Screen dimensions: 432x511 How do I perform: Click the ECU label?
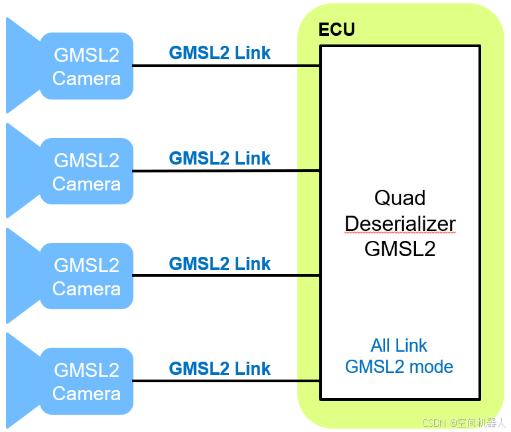tap(336, 30)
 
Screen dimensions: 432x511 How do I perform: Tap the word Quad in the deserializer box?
tap(400, 198)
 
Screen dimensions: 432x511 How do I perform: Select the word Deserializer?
tap(400, 224)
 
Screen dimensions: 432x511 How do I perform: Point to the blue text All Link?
tap(399, 345)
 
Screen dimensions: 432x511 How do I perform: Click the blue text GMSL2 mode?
tap(399, 366)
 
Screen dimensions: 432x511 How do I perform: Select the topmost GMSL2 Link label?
tap(220, 53)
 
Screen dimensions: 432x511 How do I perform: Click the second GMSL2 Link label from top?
tap(220, 158)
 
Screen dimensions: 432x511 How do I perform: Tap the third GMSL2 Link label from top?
tap(220, 263)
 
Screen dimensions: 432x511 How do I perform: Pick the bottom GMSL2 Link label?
tap(220, 368)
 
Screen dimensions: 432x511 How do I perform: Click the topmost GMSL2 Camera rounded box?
tap(86, 66)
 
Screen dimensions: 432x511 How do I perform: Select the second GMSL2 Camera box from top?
tap(86, 171)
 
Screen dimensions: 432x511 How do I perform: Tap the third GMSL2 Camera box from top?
tap(86, 276)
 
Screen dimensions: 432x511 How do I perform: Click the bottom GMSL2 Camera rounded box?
tap(86, 381)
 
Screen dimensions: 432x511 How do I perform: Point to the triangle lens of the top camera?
tap(20, 66)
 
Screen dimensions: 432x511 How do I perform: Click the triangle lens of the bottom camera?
tap(20, 381)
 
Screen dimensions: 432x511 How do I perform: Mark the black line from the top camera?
tap(226, 66)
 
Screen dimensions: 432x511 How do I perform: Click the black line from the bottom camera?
tap(226, 381)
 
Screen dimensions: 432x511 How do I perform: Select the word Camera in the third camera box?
tap(86, 289)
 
